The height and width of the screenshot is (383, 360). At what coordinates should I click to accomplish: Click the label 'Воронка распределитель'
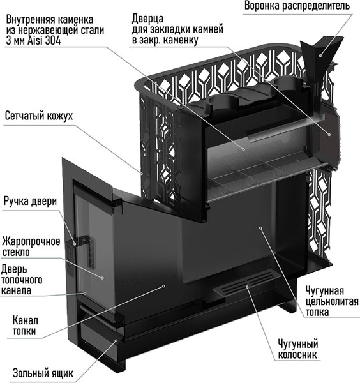click(x=297, y=6)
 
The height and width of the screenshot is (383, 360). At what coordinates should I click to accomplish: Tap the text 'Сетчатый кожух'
click(x=39, y=116)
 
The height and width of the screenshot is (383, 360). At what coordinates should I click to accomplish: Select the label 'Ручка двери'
click(x=30, y=202)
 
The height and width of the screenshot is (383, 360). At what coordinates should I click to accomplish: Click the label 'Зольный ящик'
click(x=43, y=373)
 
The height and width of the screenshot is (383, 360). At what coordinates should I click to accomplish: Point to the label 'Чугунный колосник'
click(x=298, y=349)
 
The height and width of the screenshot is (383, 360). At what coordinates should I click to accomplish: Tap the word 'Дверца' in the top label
click(x=147, y=19)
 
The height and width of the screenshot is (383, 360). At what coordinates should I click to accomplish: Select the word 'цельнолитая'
click(x=332, y=302)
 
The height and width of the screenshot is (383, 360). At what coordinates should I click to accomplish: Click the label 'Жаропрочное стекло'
click(x=31, y=247)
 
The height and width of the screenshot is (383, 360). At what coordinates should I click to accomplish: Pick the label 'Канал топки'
click(x=25, y=326)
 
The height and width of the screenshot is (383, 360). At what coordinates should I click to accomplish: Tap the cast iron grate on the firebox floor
click(x=246, y=282)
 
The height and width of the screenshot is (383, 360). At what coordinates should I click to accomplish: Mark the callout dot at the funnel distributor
click(x=320, y=56)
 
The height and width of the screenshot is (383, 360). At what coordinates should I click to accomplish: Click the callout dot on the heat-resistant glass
click(x=103, y=278)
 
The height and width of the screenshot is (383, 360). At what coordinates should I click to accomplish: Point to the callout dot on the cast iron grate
click(x=247, y=286)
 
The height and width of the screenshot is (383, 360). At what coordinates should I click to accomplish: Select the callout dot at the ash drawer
click(x=116, y=340)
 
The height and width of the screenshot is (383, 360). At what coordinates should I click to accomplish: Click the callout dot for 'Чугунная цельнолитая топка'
click(x=260, y=228)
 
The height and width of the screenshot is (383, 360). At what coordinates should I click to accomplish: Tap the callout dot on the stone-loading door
click(x=329, y=134)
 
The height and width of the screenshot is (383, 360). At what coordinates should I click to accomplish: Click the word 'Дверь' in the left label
click(x=14, y=269)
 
